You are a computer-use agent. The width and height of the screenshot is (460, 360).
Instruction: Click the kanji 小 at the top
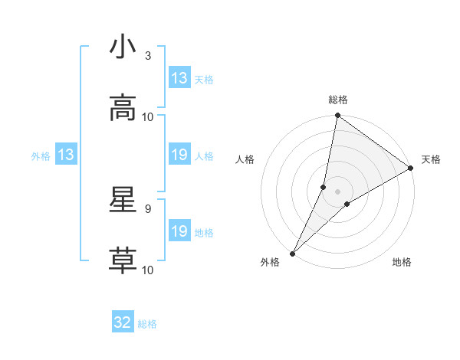(123, 47)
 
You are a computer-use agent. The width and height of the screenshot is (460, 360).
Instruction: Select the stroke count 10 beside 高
(148, 117)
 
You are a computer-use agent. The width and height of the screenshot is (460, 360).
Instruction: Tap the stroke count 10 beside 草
(148, 270)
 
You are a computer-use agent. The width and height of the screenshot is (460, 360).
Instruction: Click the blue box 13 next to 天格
(179, 78)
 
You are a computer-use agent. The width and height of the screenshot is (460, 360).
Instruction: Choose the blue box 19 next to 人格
(179, 155)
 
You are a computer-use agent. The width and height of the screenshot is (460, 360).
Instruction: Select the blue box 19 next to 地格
(179, 231)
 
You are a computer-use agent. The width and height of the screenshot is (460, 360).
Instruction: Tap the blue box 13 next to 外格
(66, 155)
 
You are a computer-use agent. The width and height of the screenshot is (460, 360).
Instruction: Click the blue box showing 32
(123, 322)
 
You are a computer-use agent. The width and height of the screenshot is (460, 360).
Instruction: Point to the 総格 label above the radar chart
(338, 100)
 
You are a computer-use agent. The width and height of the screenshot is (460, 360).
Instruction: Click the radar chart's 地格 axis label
(402, 263)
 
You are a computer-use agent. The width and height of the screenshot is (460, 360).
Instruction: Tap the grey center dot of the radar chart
(338, 191)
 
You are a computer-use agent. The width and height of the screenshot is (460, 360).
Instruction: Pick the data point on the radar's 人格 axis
(324, 187)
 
